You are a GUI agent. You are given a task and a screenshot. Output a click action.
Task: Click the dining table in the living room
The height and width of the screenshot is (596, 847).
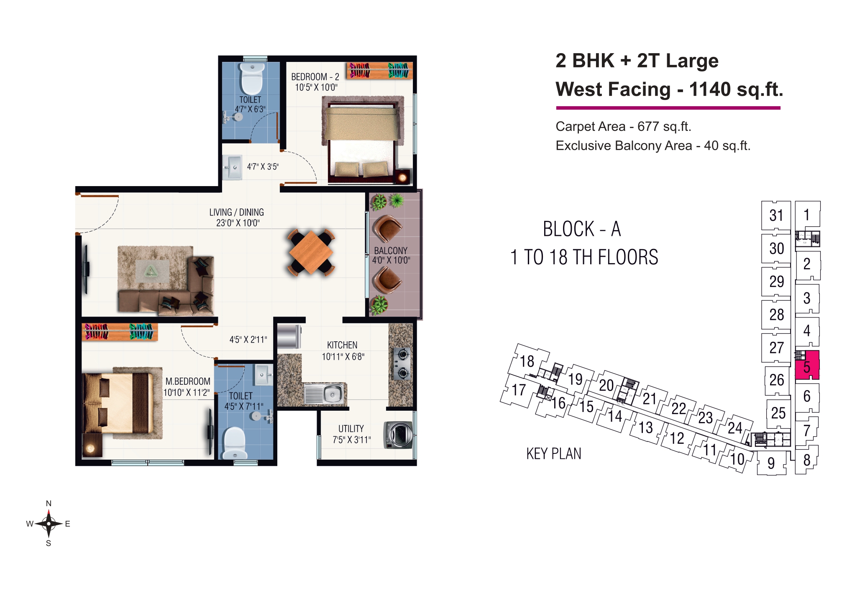point(311,253)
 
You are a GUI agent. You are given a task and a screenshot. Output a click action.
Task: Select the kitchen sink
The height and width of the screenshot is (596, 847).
point(324,394)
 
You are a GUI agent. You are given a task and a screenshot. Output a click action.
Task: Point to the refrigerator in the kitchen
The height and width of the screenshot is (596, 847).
point(289,336)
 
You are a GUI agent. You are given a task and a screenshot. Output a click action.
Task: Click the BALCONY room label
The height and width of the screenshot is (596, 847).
point(391,251)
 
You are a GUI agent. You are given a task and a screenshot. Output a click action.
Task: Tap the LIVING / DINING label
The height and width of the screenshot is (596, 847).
point(237,212)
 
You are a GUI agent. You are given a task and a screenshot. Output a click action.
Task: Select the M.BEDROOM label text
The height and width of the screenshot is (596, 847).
point(188,381)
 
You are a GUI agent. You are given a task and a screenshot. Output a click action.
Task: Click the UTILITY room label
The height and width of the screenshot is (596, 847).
point(351,429)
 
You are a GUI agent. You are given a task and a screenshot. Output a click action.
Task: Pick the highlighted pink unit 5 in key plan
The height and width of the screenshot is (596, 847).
point(807,365)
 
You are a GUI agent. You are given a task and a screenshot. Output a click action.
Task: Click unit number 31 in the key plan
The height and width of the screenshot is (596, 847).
point(776,215)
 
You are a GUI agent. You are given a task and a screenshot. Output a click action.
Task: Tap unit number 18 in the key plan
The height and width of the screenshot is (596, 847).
point(527,361)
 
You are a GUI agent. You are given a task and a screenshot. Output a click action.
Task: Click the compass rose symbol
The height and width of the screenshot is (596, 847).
point(49,523)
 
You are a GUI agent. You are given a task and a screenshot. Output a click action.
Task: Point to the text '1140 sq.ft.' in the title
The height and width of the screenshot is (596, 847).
point(736,89)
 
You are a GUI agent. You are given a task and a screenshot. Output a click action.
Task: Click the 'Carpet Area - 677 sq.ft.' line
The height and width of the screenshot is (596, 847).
point(623,126)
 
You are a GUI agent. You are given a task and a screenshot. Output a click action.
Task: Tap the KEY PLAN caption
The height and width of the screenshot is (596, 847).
point(554,454)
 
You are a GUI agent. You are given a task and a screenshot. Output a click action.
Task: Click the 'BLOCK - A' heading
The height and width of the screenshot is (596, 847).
point(582,229)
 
